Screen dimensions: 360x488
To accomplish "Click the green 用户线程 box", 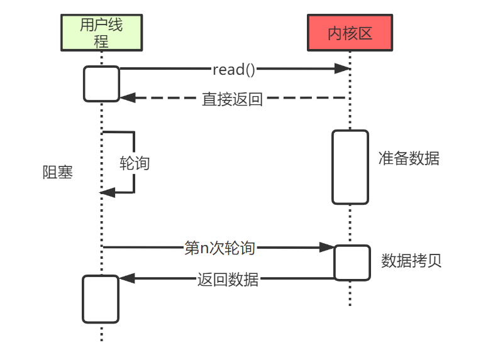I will point(101,33).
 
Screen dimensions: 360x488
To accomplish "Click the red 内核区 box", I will point(350,33).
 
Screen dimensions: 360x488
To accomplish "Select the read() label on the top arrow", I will point(233,68).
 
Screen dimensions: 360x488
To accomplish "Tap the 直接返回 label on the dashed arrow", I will point(232,99).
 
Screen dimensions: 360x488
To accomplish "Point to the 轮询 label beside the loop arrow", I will point(135,163).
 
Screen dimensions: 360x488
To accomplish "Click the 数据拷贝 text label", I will point(411,261).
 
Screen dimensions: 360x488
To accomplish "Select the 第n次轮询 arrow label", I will point(219,248).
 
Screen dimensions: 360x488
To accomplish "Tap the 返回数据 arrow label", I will point(228,279).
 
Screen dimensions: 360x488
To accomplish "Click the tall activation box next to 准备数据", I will point(350,167).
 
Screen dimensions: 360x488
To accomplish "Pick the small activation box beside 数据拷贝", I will point(352,263).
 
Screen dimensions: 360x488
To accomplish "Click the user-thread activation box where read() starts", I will point(102,84).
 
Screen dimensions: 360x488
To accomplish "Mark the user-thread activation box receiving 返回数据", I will point(101,299).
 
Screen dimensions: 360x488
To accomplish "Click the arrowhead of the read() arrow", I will point(342,68).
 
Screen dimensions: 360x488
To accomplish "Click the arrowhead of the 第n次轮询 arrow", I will point(327,248).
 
